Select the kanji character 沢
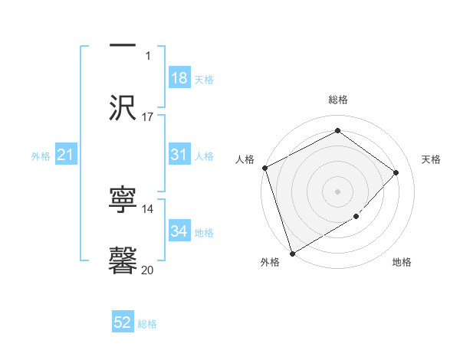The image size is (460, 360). coord(123,107)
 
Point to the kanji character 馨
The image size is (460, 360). coord(123,260)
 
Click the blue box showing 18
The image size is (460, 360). coord(179,77)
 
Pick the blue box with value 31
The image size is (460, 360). coord(179,155)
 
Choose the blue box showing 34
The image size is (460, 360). coord(179,231)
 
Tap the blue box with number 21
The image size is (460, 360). coord(66,155)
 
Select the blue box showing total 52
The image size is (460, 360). coord(123,322)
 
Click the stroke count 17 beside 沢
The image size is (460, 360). coord(148,117)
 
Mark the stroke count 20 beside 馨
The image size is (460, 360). coord(148,270)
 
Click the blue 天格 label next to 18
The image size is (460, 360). coord(204,79)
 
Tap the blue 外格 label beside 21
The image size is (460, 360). coord(41,156)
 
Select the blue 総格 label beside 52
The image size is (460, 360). coord(147,324)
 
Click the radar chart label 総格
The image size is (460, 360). coord(337,100)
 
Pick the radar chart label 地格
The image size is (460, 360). coord(402,263)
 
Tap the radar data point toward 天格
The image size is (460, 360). coord(396,172)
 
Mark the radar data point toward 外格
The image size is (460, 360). coord(292,253)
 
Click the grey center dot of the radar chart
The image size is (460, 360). coord(337,191)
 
